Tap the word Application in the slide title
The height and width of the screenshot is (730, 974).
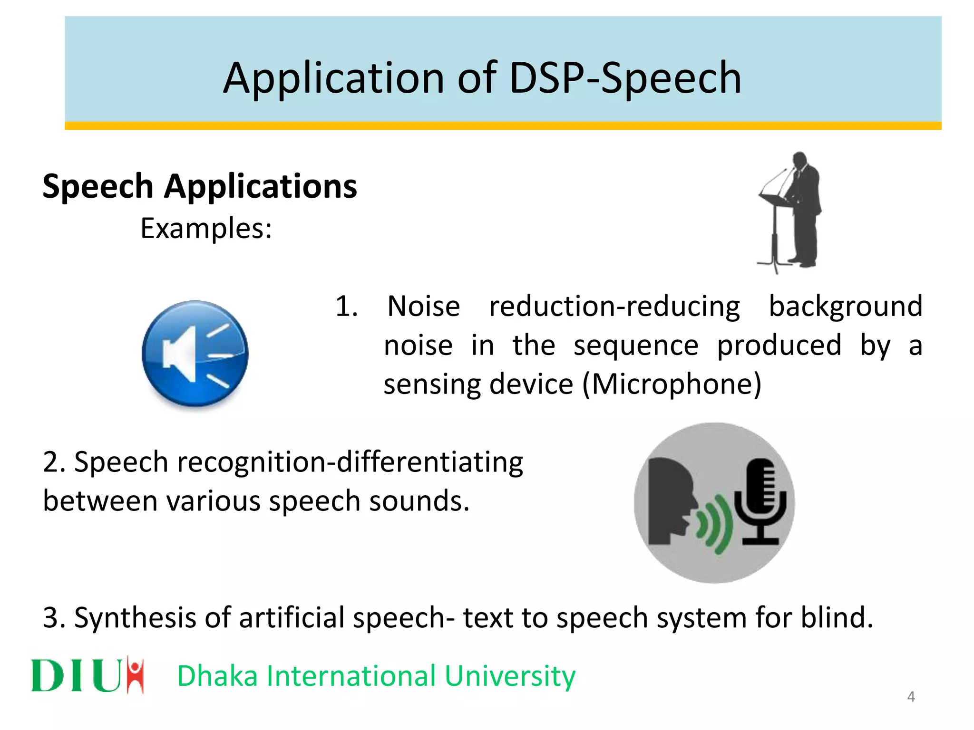tap(333, 78)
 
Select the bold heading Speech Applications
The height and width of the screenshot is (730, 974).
tap(199, 186)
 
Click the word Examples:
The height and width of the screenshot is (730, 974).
tap(206, 229)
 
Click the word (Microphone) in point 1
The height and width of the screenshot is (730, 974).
tap(672, 384)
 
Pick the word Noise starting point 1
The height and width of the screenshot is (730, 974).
tap(423, 306)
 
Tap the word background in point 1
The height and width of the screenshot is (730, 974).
tap(846, 306)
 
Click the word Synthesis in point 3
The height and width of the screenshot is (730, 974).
tap(135, 618)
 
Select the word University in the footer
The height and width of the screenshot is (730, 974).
tap(510, 676)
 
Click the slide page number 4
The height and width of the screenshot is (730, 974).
tap(911, 697)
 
